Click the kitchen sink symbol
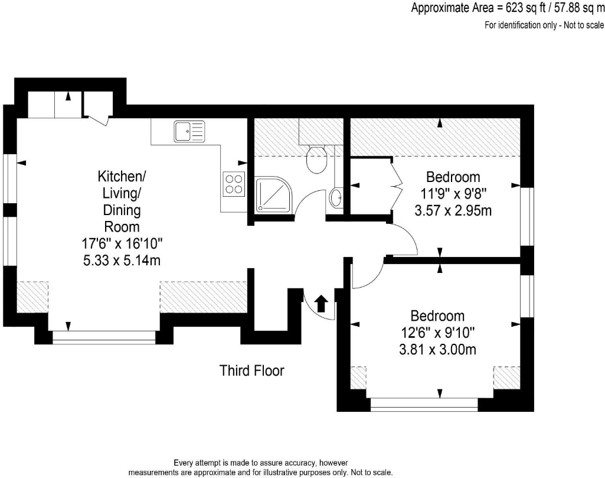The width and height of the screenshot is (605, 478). [189, 131]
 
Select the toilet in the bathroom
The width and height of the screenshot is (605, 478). [317, 158]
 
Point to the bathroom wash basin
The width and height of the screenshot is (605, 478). [336, 198]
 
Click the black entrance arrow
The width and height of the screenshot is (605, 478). [321, 304]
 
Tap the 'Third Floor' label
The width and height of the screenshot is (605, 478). [252, 371]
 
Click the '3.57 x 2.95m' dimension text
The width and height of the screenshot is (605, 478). [453, 210]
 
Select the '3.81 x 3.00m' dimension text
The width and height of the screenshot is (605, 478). [438, 350]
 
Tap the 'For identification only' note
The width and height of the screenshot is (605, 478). [544, 25]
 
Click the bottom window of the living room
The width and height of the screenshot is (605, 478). [104, 336]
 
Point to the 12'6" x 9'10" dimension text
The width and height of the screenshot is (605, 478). [438, 333]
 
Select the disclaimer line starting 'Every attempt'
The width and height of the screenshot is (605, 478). [260, 463]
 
